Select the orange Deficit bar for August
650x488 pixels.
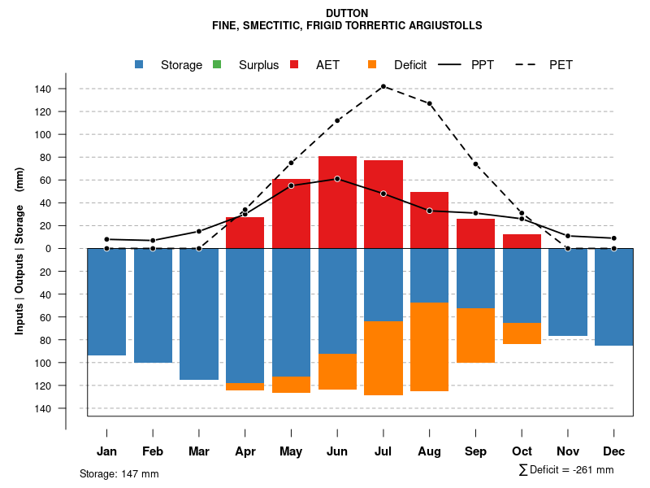pyautogui.click(x=429, y=346)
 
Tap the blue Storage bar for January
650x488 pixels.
pyautogui.click(x=106, y=302)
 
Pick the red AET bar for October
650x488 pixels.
pyautogui.click(x=522, y=241)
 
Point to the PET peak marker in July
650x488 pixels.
pyautogui.click(x=383, y=86)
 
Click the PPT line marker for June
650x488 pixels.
pyautogui.click(x=337, y=178)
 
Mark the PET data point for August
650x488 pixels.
pyautogui.click(x=429, y=103)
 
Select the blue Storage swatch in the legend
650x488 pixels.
pyautogui.click(x=140, y=64)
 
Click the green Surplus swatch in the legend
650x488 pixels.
pyautogui.click(x=216, y=64)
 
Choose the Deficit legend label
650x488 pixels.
pyautogui.click(x=410, y=65)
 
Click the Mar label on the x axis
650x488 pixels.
pyautogui.click(x=198, y=451)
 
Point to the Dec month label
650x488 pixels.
pyautogui.click(x=614, y=451)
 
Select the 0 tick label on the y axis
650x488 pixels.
pyautogui.click(x=49, y=248)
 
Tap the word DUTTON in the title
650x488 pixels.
pyautogui.click(x=346, y=13)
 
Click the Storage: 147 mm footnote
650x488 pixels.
pyautogui.click(x=119, y=473)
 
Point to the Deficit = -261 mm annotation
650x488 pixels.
pyautogui.click(x=566, y=470)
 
